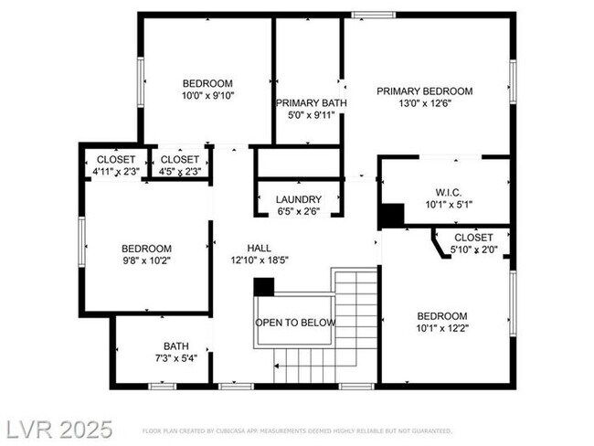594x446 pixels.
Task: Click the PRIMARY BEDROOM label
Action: (x=425, y=90)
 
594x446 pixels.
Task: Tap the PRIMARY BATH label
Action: (x=311, y=103)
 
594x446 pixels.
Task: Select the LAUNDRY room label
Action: (x=299, y=199)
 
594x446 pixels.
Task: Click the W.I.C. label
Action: (x=448, y=192)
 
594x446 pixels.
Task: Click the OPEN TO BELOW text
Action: (x=294, y=323)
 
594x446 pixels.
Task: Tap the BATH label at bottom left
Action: (x=176, y=346)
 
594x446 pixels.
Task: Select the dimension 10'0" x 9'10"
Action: (x=207, y=95)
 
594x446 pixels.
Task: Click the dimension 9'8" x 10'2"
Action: (x=147, y=260)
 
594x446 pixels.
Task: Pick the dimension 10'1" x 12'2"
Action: (x=442, y=327)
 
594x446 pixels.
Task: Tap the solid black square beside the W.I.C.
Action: (x=392, y=216)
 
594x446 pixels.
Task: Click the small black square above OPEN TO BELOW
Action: (x=263, y=286)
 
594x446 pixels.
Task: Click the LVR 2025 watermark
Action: (x=57, y=429)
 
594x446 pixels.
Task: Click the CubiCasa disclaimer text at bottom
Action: (x=297, y=430)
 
